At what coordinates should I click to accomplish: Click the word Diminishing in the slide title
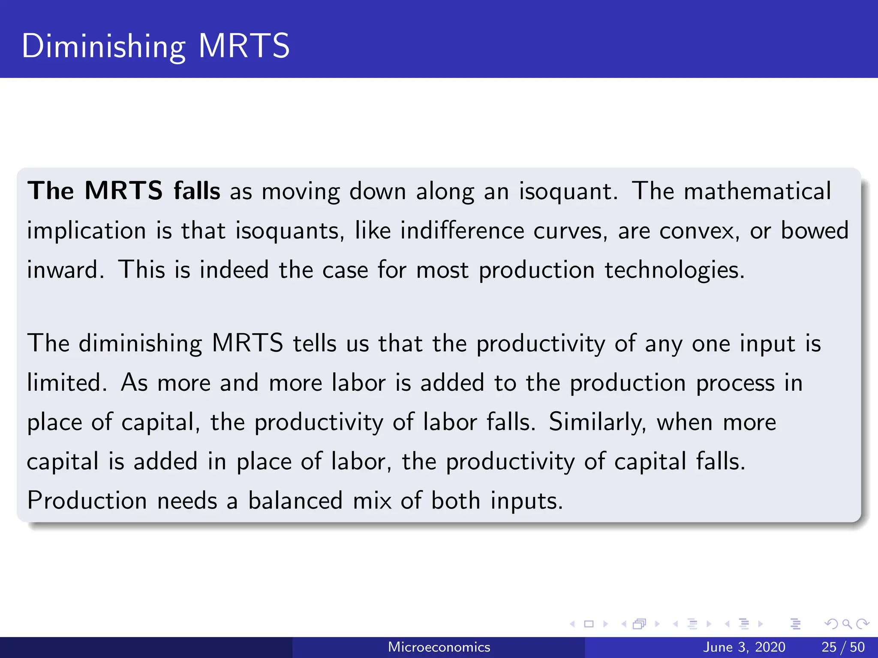(103, 47)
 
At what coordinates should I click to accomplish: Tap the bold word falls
(197, 191)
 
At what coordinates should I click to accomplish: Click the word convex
(699, 231)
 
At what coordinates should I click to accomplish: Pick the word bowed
(814, 231)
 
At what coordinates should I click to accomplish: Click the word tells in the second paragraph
(314, 344)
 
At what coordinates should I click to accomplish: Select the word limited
(66, 383)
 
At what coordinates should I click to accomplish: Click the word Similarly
(597, 422)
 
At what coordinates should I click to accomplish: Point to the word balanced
(295, 501)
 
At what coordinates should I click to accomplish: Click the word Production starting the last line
(87, 501)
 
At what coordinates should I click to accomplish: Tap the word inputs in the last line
(526, 501)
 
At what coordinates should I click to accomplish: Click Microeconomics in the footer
(439, 647)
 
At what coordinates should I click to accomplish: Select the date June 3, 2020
(744, 647)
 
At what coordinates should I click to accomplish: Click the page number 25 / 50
(843, 647)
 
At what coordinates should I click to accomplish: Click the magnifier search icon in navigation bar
(847, 624)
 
